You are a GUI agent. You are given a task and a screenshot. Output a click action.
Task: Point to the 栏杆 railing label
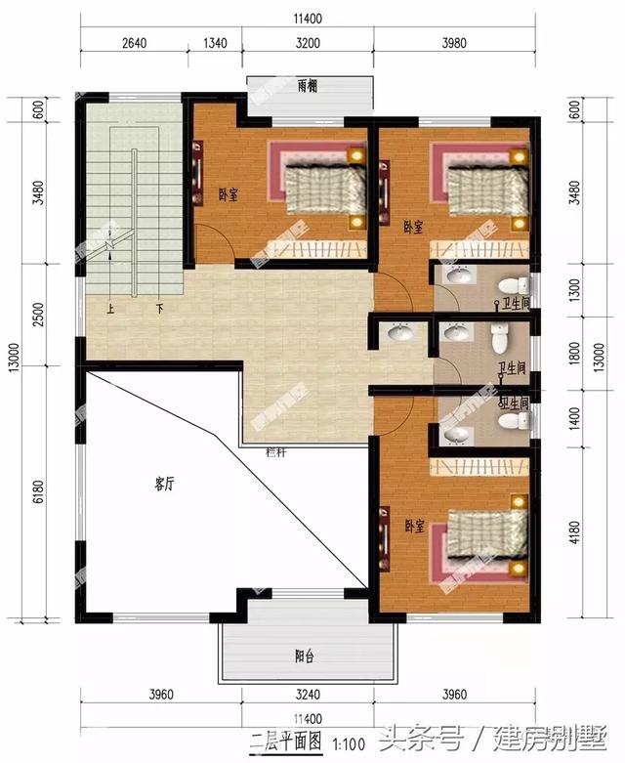276,451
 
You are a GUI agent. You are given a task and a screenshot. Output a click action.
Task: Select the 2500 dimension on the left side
37,316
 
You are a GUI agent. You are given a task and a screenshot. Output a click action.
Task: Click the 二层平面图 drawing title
287,741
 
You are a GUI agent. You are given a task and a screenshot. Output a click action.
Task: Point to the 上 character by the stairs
111,308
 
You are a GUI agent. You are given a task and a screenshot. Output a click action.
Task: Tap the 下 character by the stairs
159,308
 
